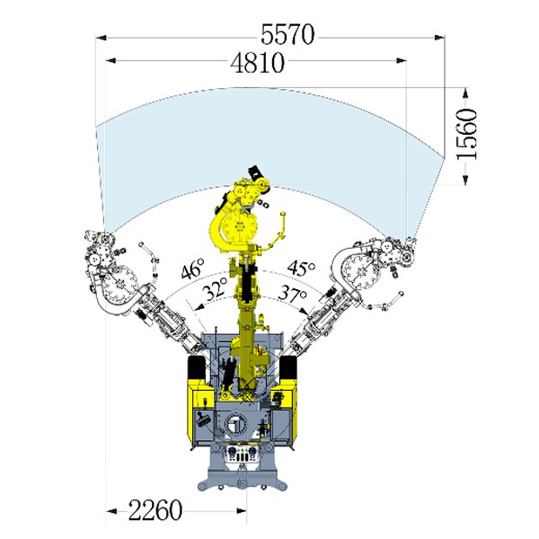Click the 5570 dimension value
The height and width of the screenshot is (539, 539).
pos(287,34)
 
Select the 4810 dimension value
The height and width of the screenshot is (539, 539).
pos(258,63)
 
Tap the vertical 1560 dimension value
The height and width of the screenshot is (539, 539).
pos(467,133)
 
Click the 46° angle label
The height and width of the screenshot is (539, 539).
pos(192,268)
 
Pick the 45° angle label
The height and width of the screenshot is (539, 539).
pos(301,268)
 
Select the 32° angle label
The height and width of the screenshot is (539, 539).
pos(215,288)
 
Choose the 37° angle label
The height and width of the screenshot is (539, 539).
pos(292,293)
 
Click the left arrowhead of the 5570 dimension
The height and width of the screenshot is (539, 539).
pos(101,38)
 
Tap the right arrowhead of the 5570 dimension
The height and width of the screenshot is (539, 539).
pos(439,38)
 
